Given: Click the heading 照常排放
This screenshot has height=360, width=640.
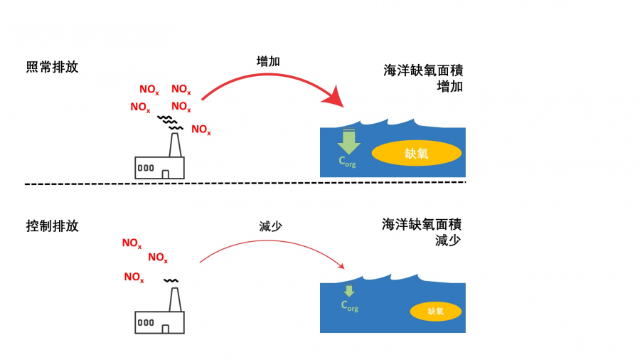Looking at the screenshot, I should tap(52, 68).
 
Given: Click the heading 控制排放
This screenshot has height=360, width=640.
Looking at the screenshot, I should tap(52, 226).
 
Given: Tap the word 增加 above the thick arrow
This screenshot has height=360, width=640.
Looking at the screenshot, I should tap(268, 61).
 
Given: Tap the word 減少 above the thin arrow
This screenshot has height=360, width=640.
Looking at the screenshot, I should tap(271, 226).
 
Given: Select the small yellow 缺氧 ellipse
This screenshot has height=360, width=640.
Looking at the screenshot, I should tap(435, 311).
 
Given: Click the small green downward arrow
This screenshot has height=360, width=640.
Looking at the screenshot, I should tap(348, 291).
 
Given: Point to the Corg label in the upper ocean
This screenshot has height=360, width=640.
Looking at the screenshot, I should tap(347, 162).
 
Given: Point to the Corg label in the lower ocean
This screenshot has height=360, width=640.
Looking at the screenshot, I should tap(349, 306).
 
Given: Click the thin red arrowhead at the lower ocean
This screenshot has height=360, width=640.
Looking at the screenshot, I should tap(341, 267).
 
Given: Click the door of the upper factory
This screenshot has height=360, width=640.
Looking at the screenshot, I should tap(165, 174).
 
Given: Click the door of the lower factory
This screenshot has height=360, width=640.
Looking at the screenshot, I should tap(165, 329).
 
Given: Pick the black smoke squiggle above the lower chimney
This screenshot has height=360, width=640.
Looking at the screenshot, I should tap(171, 280).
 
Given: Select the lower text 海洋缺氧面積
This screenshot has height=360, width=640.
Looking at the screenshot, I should tap(422, 225).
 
